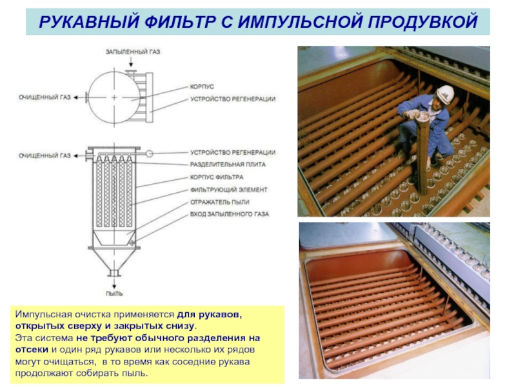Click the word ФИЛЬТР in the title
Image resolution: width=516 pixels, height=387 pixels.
pyautogui.click(x=180, y=22)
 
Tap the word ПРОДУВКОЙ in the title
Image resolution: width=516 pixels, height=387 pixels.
pyautogui.click(x=422, y=22)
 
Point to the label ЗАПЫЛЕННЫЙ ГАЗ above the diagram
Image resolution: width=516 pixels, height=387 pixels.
pyautogui.click(x=133, y=52)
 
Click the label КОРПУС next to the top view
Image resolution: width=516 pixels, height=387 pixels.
pyautogui.click(x=202, y=86)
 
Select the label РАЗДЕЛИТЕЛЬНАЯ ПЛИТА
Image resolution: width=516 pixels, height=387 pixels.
pyautogui.click(x=228, y=164)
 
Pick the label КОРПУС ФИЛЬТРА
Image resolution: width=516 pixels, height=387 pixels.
pyautogui.click(x=217, y=177)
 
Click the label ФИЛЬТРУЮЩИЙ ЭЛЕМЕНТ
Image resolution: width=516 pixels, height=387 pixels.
pyautogui.click(x=229, y=190)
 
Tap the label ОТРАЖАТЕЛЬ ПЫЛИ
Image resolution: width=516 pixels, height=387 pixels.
pyautogui.click(x=219, y=202)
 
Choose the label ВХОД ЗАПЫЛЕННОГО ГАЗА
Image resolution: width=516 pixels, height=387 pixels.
pyautogui.click(x=230, y=214)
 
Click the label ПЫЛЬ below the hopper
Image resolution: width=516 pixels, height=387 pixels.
pyautogui.click(x=114, y=293)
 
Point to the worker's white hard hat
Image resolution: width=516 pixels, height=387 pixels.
pyautogui.click(x=445, y=94)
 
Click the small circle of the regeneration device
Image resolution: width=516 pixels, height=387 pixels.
pyautogui.click(x=150, y=154)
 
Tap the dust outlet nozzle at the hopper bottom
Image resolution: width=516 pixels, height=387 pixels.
pyautogui.click(x=114, y=273)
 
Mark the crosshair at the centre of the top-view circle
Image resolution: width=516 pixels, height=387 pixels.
pyautogui.click(x=114, y=97)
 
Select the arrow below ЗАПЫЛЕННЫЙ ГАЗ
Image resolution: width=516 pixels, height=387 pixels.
pyautogui.click(x=131, y=61)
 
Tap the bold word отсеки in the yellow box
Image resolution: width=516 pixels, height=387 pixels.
pyautogui.click(x=32, y=350)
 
